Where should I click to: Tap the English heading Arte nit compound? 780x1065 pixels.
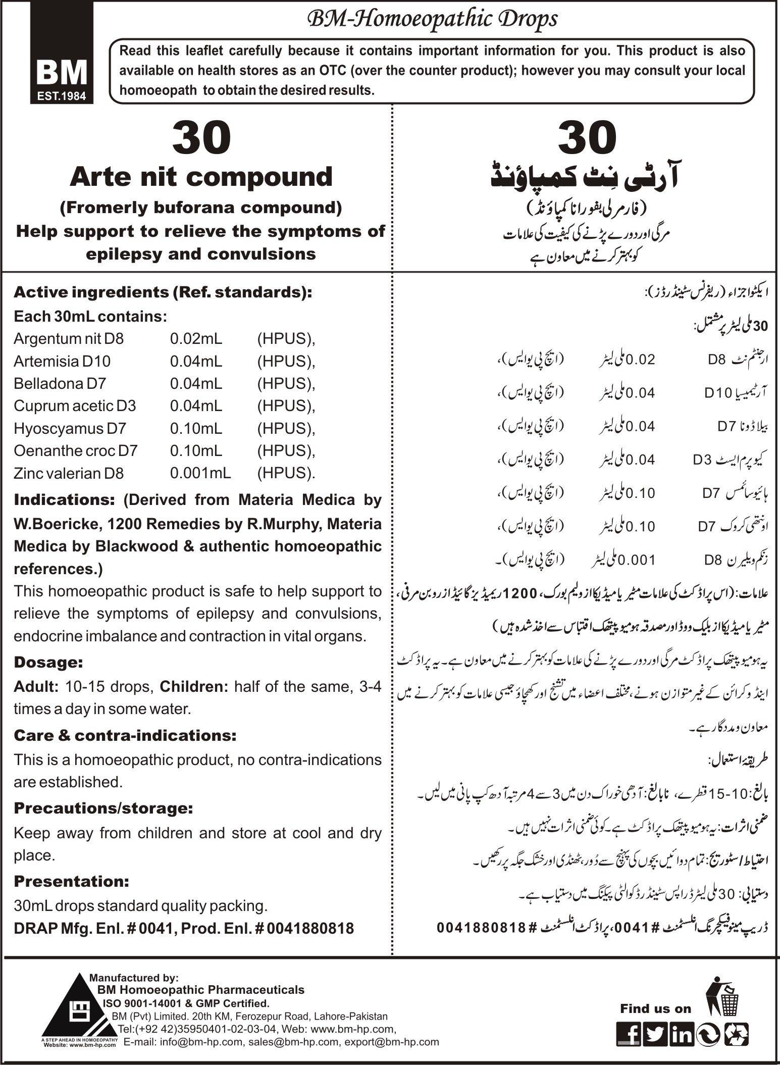(x=201, y=177)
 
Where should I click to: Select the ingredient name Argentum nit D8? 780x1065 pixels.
(x=69, y=338)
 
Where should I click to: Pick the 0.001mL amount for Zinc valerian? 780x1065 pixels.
(x=200, y=473)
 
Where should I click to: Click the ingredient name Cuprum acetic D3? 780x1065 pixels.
(x=75, y=405)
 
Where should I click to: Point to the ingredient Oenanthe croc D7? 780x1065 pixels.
(x=76, y=450)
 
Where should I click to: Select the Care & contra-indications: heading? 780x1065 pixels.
(x=125, y=735)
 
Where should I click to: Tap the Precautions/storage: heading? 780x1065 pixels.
(x=103, y=808)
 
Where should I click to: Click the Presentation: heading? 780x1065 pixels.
(x=72, y=881)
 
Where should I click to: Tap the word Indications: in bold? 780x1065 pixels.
(x=66, y=500)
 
